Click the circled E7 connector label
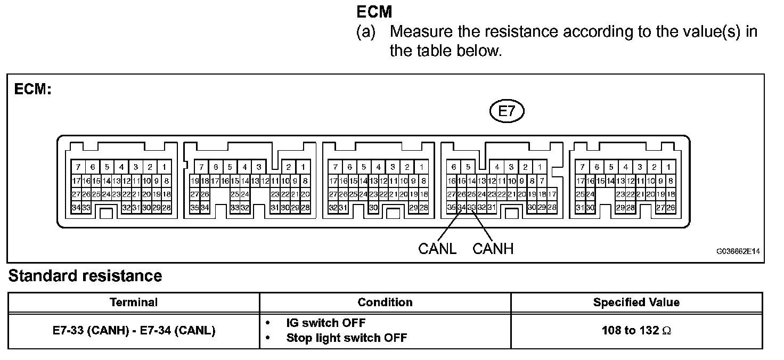point(507,112)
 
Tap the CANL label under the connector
point(437,249)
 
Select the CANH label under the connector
point(493,249)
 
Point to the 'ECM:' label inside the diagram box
point(32,89)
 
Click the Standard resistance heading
point(85,276)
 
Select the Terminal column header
point(134,302)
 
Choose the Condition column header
point(385,302)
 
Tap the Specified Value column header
point(636,302)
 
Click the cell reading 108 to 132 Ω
point(636,331)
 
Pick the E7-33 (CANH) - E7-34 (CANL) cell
point(134,331)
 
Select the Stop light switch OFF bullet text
point(347,338)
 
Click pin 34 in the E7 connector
point(461,207)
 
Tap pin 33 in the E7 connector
point(471,207)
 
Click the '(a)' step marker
point(366,31)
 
